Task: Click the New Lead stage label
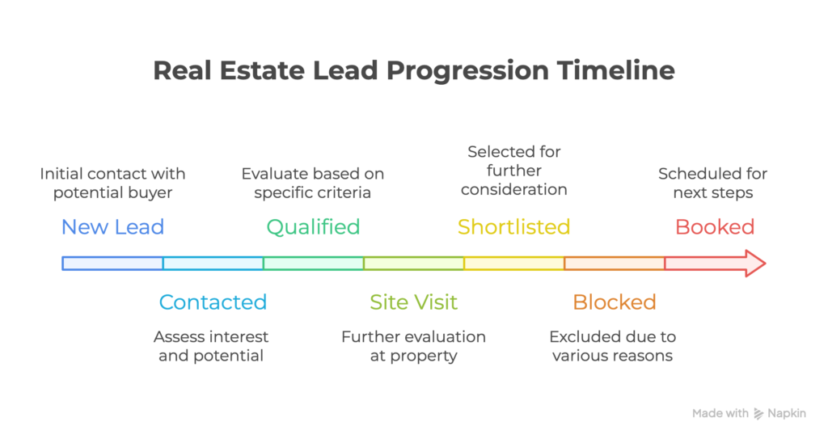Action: click(112, 227)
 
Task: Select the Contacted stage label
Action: click(213, 302)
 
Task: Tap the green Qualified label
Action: click(313, 227)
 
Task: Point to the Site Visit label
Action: click(413, 302)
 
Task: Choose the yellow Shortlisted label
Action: click(513, 227)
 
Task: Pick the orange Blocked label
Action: click(614, 302)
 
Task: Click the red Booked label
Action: click(715, 227)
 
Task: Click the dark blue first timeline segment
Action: click(112, 264)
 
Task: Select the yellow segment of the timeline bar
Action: click(513, 264)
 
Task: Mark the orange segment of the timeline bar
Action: click(614, 264)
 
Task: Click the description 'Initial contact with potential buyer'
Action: click(112, 184)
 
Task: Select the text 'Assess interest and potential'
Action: click(213, 346)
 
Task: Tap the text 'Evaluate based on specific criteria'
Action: click(313, 184)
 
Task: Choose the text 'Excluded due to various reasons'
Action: click(612, 346)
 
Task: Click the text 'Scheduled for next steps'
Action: click(712, 184)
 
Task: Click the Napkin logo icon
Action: click(758, 414)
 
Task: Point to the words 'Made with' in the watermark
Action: click(720, 414)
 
